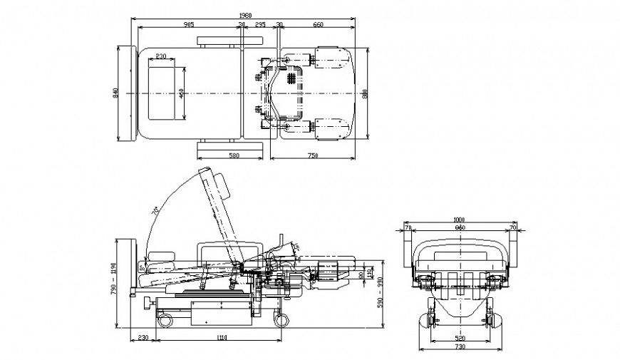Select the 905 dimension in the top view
[188, 25]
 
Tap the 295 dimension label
[261, 25]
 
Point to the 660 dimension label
[318, 25]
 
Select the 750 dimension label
[312, 155]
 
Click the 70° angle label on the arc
[155, 212]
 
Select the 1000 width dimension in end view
[460, 220]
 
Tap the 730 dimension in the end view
[460, 346]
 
